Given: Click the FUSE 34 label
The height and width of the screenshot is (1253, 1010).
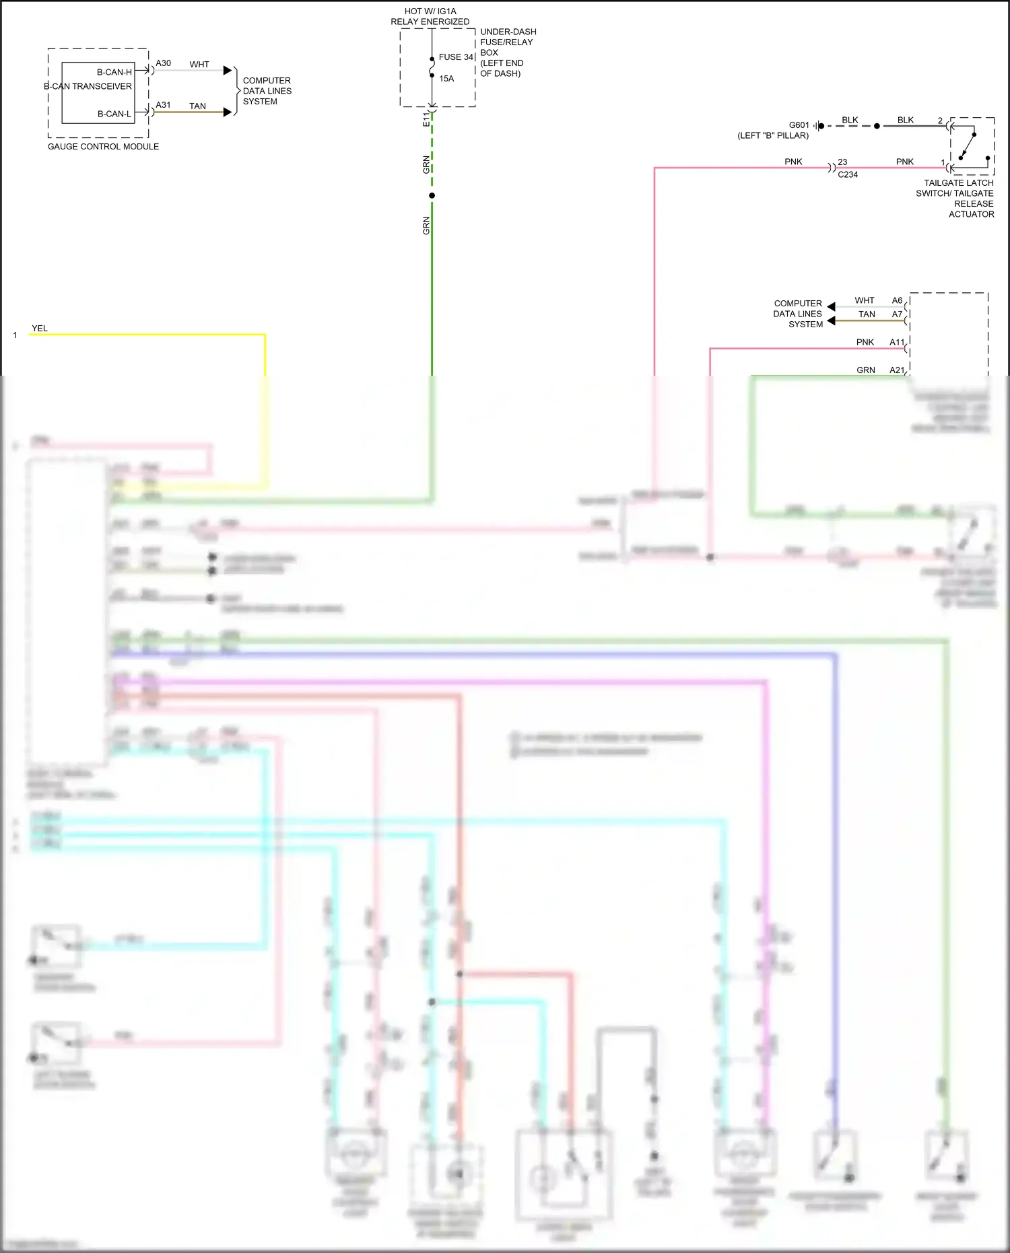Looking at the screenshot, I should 456,57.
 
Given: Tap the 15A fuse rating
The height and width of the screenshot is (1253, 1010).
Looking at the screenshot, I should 446,79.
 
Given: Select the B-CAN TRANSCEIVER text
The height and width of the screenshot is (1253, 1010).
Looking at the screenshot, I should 88,86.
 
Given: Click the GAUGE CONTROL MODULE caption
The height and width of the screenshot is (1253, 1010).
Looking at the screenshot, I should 103,147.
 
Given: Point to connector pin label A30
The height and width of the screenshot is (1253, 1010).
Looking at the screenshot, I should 163,63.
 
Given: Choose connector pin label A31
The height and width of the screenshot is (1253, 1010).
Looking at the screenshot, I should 163,105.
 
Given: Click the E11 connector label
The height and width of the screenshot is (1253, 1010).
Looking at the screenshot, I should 426,119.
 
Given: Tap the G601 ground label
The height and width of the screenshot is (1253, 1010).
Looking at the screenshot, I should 799,125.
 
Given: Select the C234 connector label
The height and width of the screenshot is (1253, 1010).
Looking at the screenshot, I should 848,174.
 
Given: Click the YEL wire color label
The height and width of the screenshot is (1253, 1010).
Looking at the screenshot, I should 40,329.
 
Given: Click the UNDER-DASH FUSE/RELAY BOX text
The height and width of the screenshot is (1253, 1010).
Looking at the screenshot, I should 508,53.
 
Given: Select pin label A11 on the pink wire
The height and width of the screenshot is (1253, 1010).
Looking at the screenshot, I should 897,343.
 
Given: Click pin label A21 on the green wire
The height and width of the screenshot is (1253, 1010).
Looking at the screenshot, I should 897,370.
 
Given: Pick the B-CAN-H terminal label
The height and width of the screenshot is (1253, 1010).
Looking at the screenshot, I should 114,72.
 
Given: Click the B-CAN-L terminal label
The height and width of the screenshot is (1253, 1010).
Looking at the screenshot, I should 114,114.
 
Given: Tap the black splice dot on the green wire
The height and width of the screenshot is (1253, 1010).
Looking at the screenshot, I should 432,196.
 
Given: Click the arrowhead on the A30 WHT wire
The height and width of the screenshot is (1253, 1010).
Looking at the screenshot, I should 228,71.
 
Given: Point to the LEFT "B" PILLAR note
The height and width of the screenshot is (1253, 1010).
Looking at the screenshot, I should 773,136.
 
